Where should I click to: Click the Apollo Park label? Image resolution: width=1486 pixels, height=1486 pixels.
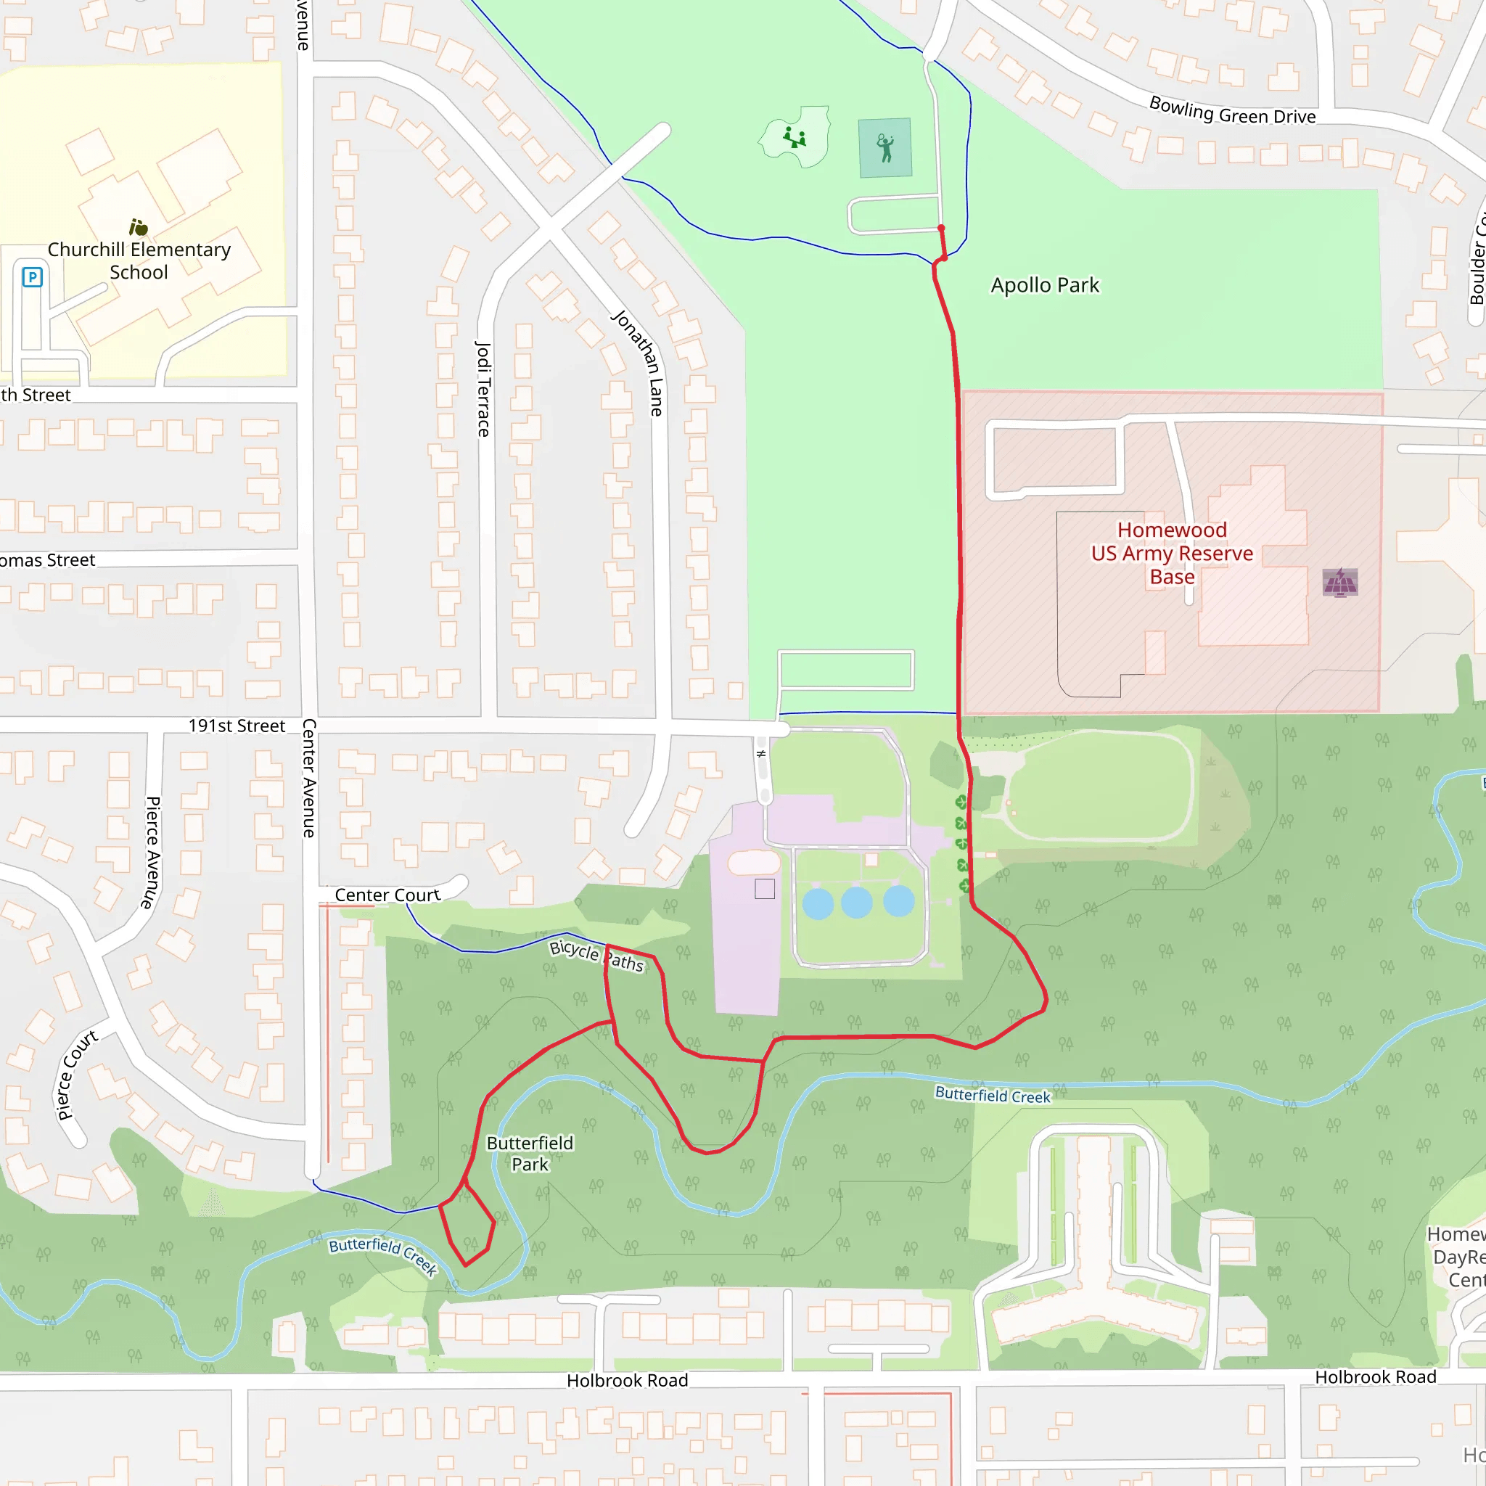click(x=1045, y=285)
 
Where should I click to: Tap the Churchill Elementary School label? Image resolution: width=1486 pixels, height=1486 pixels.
click(x=139, y=260)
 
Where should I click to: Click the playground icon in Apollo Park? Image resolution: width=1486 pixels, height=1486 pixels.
click(x=795, y=139)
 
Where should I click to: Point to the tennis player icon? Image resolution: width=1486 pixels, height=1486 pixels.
click(x=885, y=148)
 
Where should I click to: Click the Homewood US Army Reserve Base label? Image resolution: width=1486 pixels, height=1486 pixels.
click(x=1171, y=553)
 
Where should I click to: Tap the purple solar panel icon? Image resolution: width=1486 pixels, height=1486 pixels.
click(x=1340, y=582)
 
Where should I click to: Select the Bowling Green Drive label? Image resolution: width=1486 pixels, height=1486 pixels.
click(x=1232, y=111)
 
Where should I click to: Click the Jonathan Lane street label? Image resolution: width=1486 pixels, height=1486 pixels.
click(x=639, y=363)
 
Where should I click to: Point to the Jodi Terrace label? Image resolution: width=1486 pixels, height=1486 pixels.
click(x=483, y=389)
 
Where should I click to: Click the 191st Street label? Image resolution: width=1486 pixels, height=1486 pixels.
click(x=237, y=726)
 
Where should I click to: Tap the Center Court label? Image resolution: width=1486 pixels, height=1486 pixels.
click(x=387, y=895)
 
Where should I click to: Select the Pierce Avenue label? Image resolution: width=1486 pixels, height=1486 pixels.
click(x=152, y=853)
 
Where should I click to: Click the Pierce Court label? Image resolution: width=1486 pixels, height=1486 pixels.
click(x=77, y=1075)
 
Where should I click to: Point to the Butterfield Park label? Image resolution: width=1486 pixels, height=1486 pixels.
click(x=530, y=1154)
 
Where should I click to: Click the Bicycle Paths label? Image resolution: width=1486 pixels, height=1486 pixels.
click(x=597, y=956)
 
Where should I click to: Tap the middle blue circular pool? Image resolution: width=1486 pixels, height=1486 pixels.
click(x=856, y=902)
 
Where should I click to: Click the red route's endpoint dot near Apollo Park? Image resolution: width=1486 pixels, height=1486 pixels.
click(x=940, y=229)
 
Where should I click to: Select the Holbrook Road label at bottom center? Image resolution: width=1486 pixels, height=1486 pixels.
click(x=627, y=1381)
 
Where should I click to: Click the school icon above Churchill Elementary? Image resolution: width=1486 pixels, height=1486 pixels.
click(x=139, y=227)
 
